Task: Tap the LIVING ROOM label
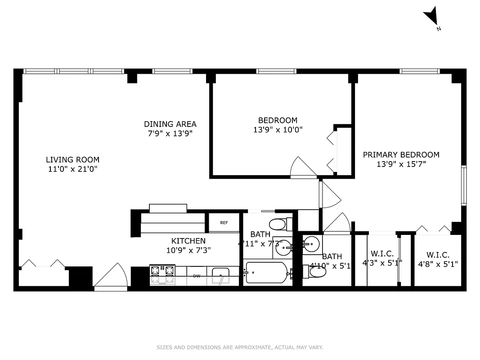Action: click(x=72, y=160)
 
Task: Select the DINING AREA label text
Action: click(x=170, y=124)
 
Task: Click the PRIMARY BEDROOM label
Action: click(x=401, y=155)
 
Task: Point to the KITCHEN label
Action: click(x=188, y=241)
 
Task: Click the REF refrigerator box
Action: click(x=224, y=223)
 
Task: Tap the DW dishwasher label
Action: click(x=197, y=276)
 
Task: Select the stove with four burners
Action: click(x=162, y=274)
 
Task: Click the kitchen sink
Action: click(x=220, y=275)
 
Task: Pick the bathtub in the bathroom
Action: click(x=266, y=272)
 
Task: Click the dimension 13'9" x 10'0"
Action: click(x=278, y=130)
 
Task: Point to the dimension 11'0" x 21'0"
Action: click(x=72, y=169)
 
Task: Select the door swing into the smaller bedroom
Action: click(x=303, y=168)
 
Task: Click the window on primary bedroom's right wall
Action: click(x=463, y=185)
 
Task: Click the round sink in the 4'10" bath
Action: click(x=311, y=245)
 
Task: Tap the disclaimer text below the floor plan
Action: click(x=240, y=347)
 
